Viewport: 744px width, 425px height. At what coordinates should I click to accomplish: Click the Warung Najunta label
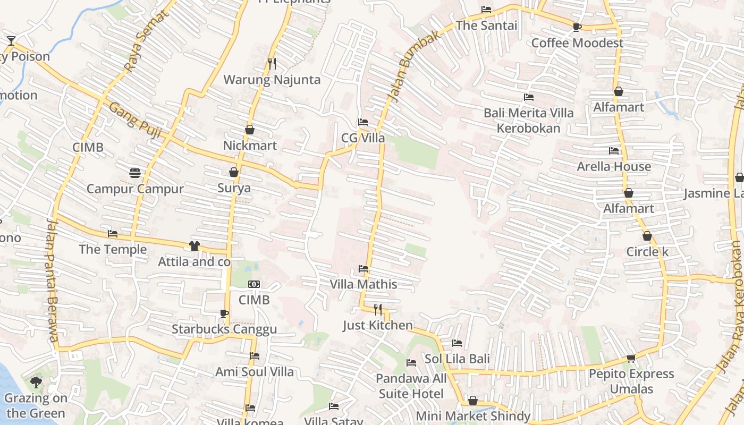point(272,80)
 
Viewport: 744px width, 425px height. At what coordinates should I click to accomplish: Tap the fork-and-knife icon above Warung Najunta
point(272,64)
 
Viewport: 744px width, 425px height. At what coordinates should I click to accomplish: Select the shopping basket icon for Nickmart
point(250,130)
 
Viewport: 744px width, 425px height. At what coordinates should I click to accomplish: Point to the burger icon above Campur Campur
point(135,173)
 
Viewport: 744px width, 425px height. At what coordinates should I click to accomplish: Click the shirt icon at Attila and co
point(195,245)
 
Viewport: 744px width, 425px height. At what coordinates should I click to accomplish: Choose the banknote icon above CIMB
point(254,284)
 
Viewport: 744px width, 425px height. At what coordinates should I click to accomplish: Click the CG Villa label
point(363,138)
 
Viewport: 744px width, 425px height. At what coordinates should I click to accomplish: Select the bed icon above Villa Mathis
point(363,269)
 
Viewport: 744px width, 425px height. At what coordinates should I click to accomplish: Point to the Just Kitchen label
point(377,325)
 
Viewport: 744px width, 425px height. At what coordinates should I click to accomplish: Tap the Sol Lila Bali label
point(457,359)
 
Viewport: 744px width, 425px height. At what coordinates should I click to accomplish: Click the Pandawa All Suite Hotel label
point(411,386)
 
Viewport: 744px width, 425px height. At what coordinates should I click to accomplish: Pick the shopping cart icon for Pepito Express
point(631,358)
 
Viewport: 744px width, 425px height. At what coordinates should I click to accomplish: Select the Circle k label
point(647,252)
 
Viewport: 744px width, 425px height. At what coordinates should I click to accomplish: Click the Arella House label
point(614,167)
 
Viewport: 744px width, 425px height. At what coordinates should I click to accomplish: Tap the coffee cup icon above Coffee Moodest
point(577,27)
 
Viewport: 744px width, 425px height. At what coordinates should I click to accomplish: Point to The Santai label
point(486,25)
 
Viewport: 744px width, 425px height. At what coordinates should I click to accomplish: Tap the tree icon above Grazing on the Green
point(36,382)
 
